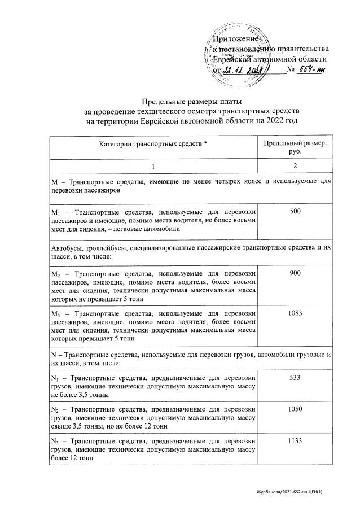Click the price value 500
(295, 211)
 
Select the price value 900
(295, 273)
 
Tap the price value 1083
(295, 312)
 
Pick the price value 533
(295, 377)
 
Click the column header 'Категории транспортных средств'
(150, 145)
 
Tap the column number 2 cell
(295, 167)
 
